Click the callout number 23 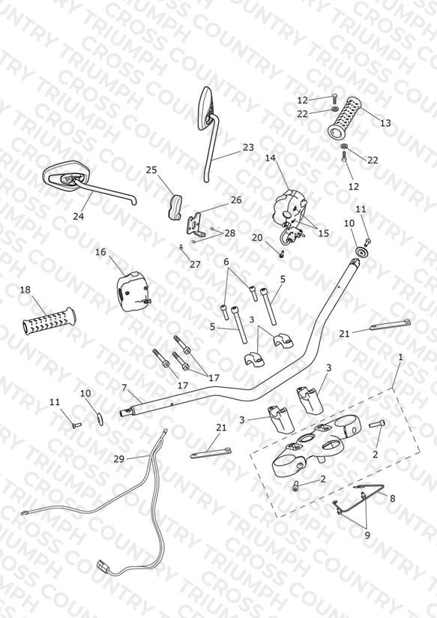pyautogui.click(x=248, y=148)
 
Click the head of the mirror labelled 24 pyautogui.click(x=64, y=175)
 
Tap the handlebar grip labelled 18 pyautogui.click(x=49, y=321)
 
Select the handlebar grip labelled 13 pyautogui.click(x=346, y=118)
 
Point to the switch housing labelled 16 pyautogui.click(x=132, y=291)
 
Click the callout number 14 pyautogui.click(x=271, y=158)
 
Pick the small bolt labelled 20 pyautogui.click(x=281, y=254)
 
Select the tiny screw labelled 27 pyautogui.click(x=181, y=247)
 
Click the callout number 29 pyautogui.click(x=118, y=459)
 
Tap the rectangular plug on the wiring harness pyautogui.click(x=103, y=567)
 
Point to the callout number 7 pyautogui.click(x=124, y=388)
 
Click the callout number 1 pyautogui.click(x=401, y=358)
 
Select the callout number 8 pyautogui.click(x=393, y=499)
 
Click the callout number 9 pyautogui.click(x=367, y=535)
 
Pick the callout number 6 pyautogui.click(x=226, y=262)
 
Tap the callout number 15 pyautogui.click(x=324, y=233)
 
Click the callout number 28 pyautogui.click(x=229, y=233)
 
